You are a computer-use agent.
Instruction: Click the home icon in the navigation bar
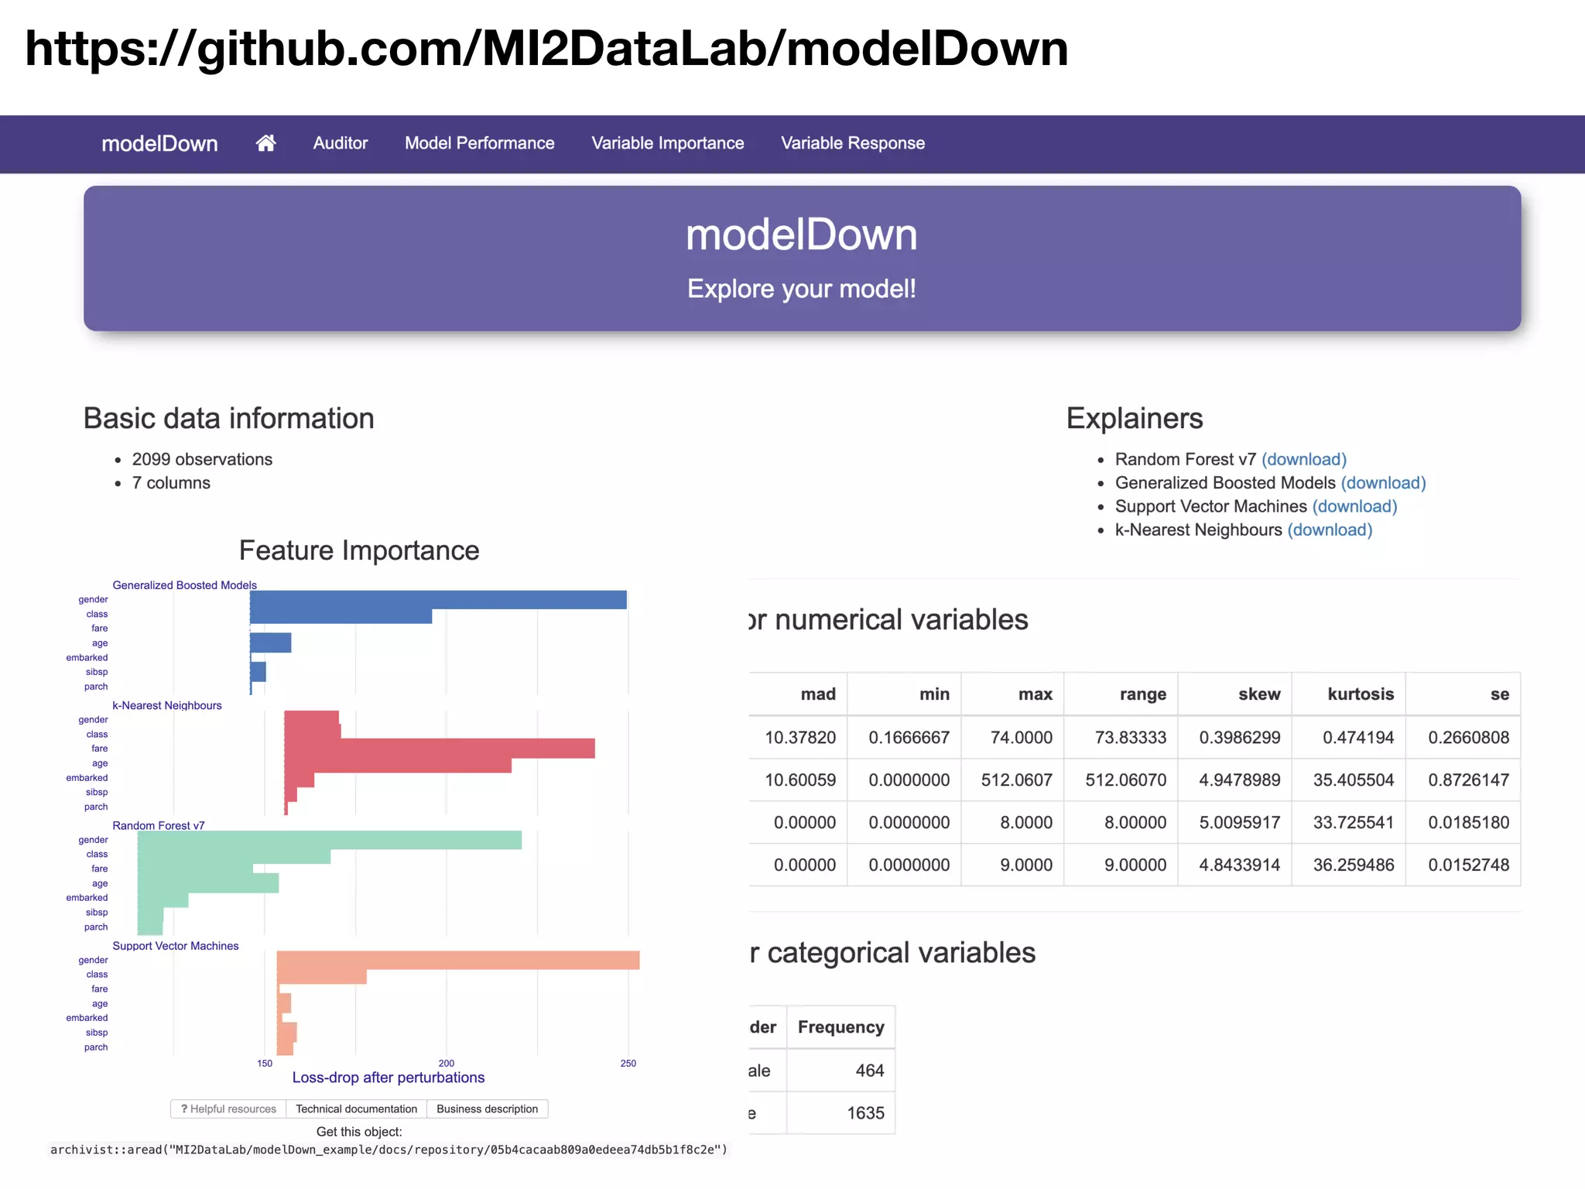click(265, 143)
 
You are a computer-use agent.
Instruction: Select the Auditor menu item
click(340, 143)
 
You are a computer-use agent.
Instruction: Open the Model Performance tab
click(479, 143)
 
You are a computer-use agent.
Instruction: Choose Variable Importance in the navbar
click(667, 143)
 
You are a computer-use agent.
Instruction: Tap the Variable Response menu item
click(852, 143)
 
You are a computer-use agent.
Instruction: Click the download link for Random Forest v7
click(1303, 459)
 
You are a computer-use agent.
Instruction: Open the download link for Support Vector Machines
click(1354, 506)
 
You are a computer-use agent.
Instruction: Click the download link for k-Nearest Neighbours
click(1329, 529)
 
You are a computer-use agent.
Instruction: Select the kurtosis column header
click(1360, 694)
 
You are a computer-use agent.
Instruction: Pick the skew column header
click(1258, 694)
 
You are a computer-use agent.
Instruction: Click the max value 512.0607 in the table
click(1016, 780)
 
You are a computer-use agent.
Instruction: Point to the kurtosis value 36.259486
click(1353, 865)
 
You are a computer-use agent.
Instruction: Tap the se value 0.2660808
click(1468, 737)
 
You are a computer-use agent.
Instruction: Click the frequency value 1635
click(864, 1113)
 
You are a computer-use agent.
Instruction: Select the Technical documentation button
click(356, 1109)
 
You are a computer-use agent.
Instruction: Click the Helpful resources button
click(228, 1109)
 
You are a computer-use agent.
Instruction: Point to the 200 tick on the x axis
click(447, 1064)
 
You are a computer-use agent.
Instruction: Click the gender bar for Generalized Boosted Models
click(437, 600)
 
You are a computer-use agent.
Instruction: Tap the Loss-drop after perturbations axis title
click(388, 1078)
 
